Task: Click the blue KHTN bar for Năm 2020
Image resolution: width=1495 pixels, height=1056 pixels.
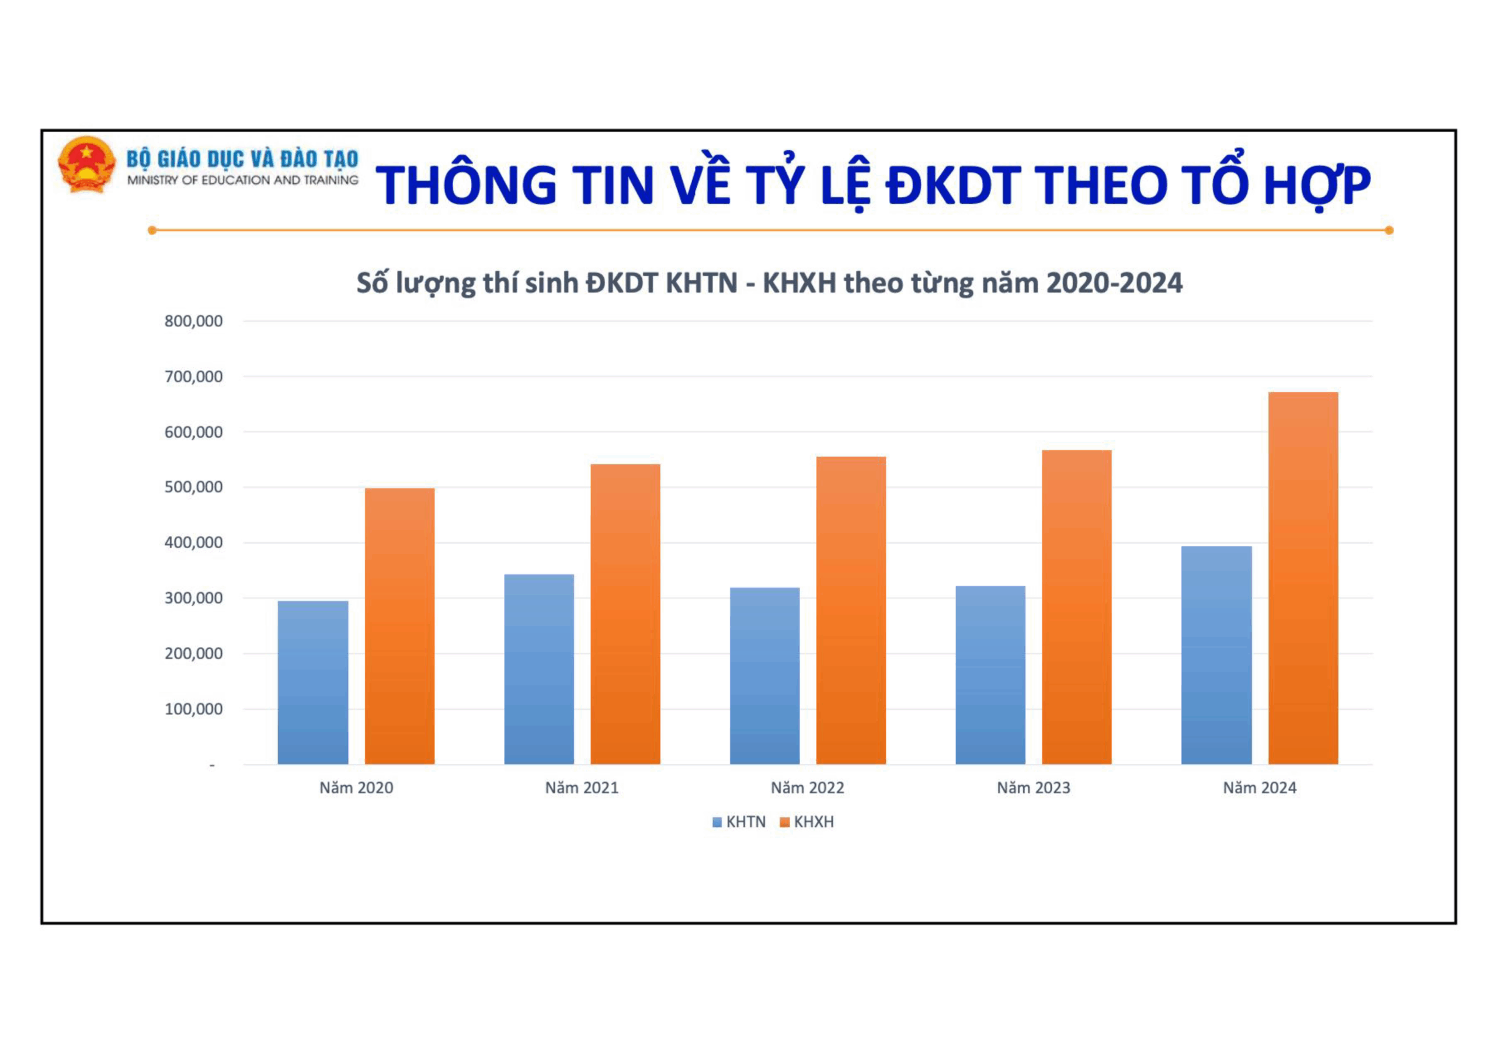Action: pos(312,682)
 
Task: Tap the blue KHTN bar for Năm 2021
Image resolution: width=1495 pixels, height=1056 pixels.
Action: pos(539,670)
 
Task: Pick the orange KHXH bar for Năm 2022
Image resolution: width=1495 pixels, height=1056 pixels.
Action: pos(851,611)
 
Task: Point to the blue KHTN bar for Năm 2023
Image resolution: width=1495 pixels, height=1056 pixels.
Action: pos(990,675)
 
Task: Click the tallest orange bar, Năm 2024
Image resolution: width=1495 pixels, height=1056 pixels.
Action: pos(1303,578)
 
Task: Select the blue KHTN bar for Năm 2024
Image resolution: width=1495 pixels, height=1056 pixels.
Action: pos(1216,655)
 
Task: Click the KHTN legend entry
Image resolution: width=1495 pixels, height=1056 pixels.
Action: pos(739,821)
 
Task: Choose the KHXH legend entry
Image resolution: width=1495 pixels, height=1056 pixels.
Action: pos(806,821)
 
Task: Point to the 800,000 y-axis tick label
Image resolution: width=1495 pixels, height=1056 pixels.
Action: pos(193,321)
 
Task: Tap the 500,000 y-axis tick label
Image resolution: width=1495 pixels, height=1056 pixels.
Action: pos(193,487)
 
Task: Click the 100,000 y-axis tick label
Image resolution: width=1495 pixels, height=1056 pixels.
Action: pos(193,709)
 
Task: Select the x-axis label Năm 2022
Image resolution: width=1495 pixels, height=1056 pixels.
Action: pos(808,788)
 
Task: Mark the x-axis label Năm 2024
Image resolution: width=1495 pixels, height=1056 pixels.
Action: pos(1259,788)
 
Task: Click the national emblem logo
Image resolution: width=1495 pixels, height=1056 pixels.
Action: pos(86,164)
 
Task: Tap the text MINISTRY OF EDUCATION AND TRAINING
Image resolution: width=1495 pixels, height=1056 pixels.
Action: pos(243,180)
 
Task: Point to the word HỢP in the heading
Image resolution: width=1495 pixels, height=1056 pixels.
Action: pos(1317,186)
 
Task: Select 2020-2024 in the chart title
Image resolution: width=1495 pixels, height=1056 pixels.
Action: pos(1114,283)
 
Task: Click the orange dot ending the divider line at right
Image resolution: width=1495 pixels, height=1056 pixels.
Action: pos(1389,230)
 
